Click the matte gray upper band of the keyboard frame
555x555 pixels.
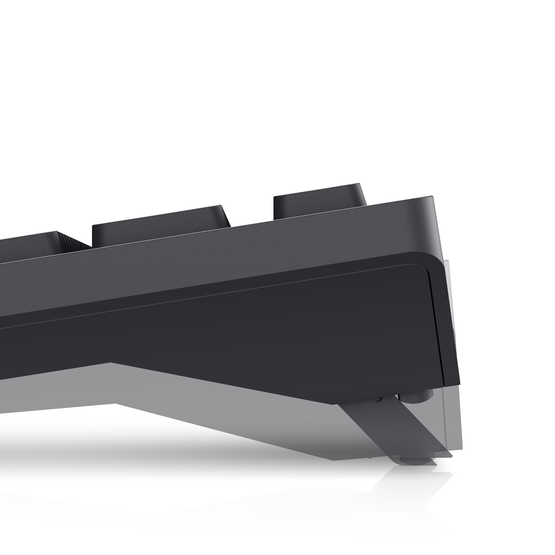259,247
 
